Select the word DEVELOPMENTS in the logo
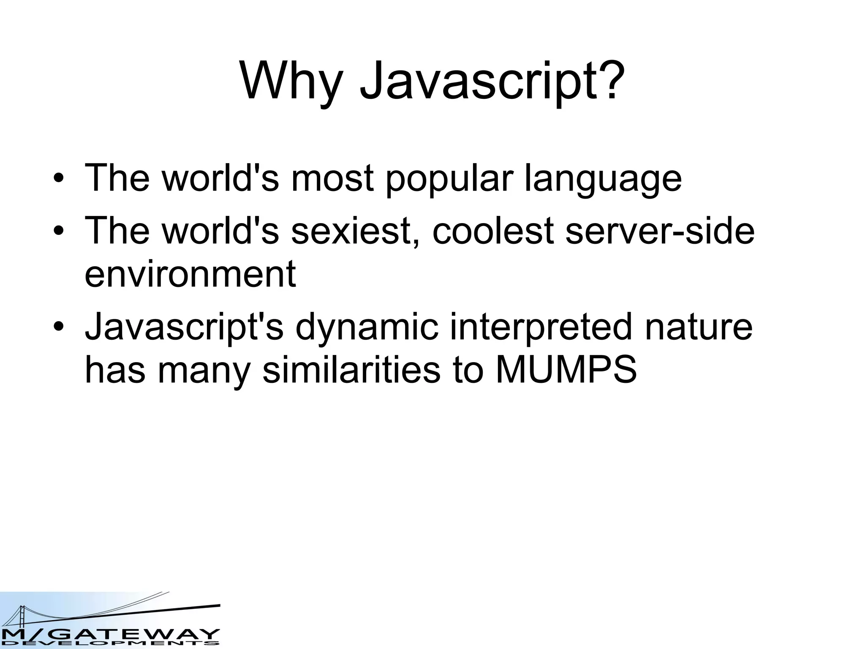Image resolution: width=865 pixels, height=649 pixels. pos(110,644)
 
